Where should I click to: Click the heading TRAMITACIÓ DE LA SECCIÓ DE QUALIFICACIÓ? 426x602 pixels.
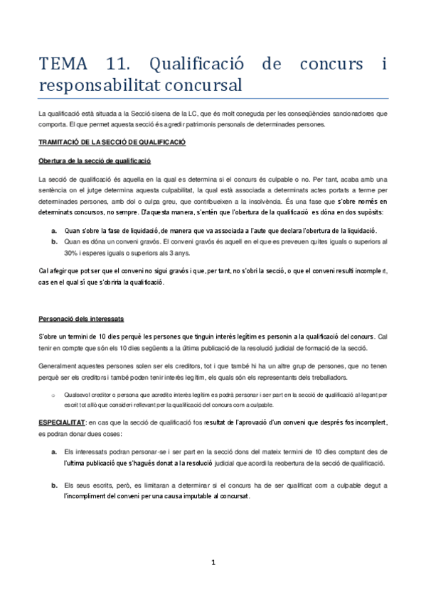pyautogui.click(x=112, y=142)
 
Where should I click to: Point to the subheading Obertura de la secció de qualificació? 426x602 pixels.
pyautogui.click(x=95, y=161)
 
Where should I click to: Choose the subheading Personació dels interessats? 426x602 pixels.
pyautogui.click(x=82, y=319)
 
